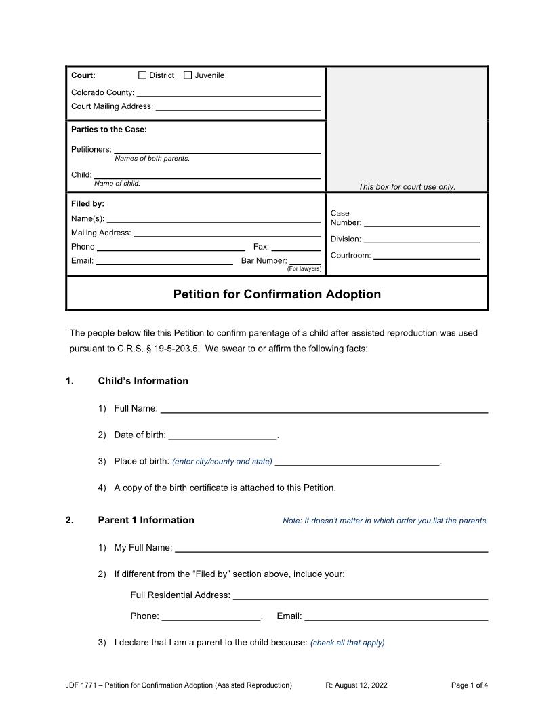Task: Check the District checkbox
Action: click(x=142, y=75)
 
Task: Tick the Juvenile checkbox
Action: click(x=188, y=75)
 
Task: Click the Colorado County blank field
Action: click(x=228, y=92)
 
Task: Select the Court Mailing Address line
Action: click(x=238, y=106)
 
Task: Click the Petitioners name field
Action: click(x=217, y=149)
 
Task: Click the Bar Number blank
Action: click(x=305, y=260)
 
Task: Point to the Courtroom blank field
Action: click(x=426, y=255)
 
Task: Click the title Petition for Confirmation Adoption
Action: click(x=276, y=294)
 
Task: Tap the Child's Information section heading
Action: click(x=143, y=381)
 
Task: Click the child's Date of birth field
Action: click(x=222, y=435)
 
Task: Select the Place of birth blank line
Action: click(x=357, y=461)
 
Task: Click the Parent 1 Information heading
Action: click(x=146, y=520)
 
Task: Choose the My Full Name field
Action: click(x=331, y=547)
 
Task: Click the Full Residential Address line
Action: click(x=360, y=595)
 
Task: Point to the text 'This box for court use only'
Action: click(x=407, y=187)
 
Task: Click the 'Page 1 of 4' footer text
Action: click(x=469, y=685)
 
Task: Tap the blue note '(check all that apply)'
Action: click(x=347, y=643)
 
